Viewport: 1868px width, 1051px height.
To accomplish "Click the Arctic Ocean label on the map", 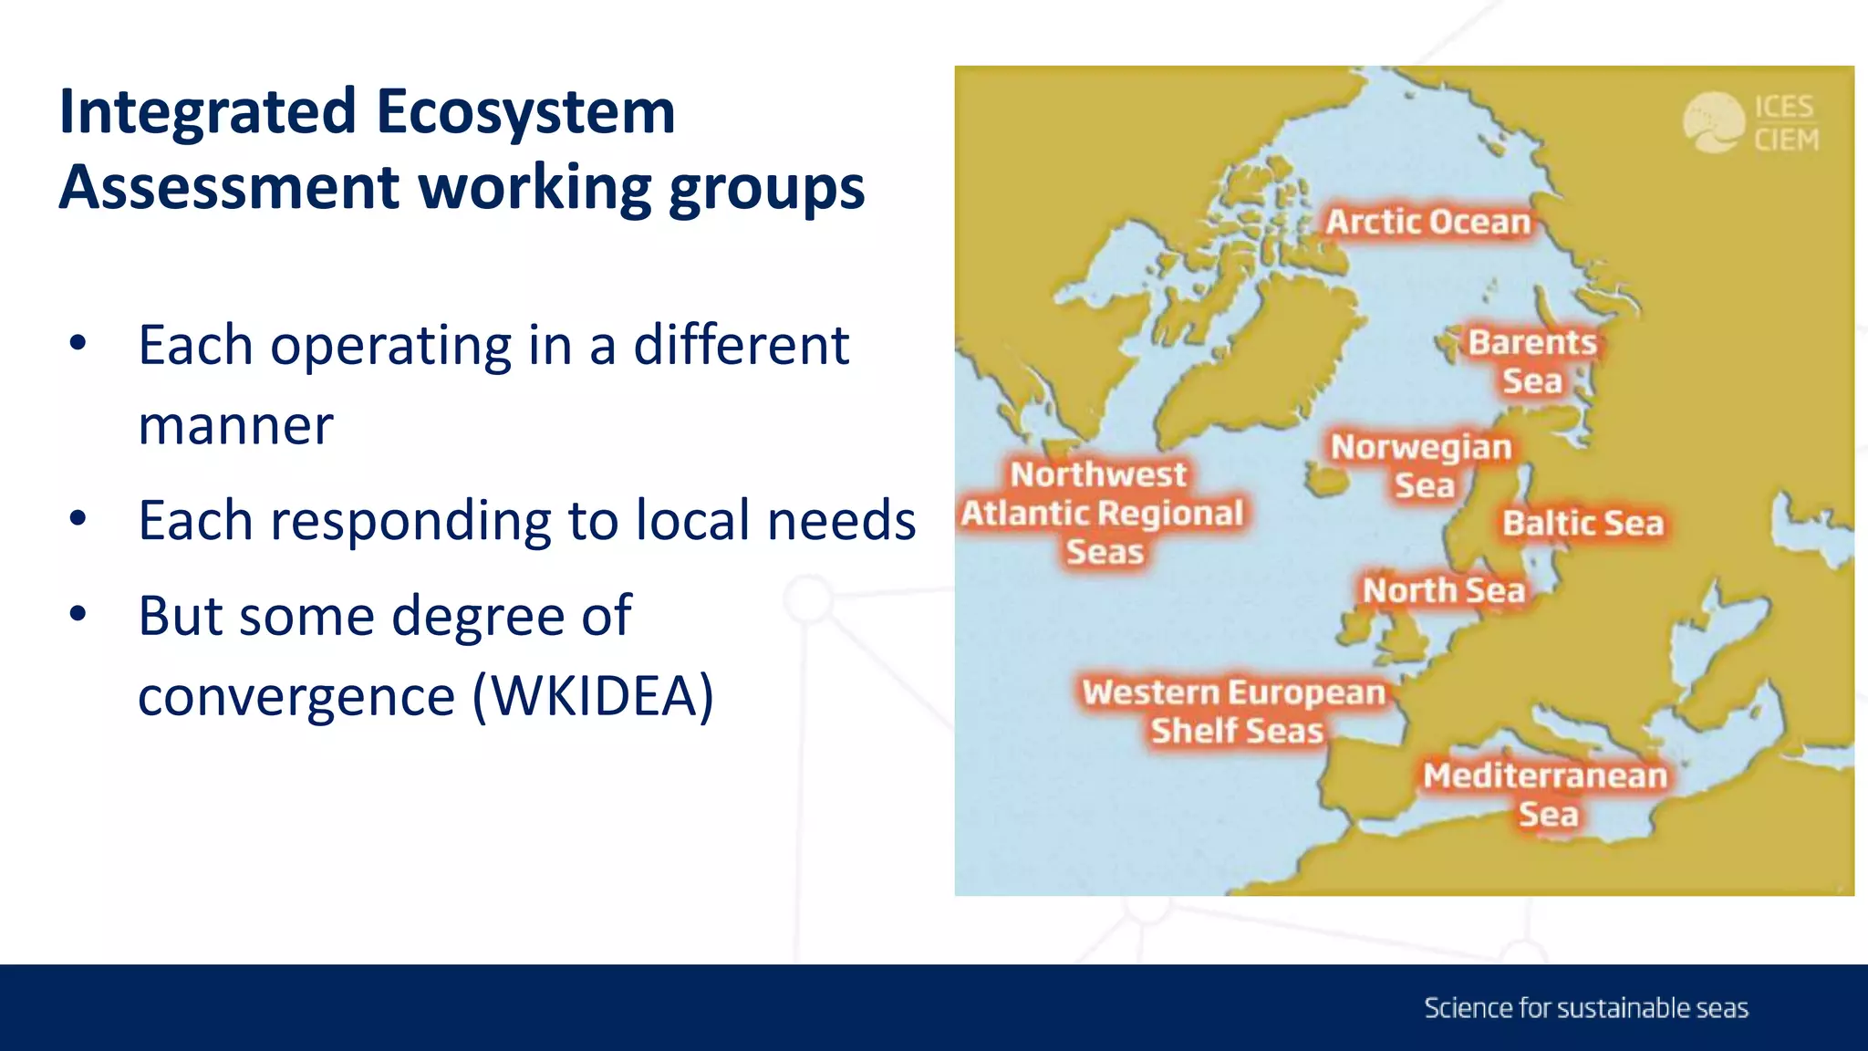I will (x=1427, y=222).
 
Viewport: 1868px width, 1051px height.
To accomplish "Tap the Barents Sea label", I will (x=1532, y=361).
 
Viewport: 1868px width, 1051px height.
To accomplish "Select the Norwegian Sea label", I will (x=1422, y=465).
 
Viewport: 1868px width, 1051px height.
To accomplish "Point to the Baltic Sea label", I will (x=1583, y=524).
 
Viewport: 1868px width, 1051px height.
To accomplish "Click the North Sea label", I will (x=1444, y=590).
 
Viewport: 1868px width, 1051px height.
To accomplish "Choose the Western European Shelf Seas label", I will (x=1235, y=711).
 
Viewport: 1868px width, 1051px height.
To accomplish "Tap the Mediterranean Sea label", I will (x=1546, y=794).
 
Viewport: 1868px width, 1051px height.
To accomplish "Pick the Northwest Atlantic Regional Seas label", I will (x=1102, y=513).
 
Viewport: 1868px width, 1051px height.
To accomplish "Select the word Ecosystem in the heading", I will (x=525, y=112).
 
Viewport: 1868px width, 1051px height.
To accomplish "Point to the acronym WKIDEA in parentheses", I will (x=593, y=696).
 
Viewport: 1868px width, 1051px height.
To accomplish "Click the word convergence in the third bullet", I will (x=296, y=696).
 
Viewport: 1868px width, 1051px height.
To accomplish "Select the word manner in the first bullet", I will (x=235, y=425).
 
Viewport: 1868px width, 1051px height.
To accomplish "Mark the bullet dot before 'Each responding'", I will (x=78, y=519).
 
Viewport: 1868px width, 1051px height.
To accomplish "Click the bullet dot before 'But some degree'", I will (x=78, y=614).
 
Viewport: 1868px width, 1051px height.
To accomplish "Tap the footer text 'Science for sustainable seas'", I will (x=1586, y=1008).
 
